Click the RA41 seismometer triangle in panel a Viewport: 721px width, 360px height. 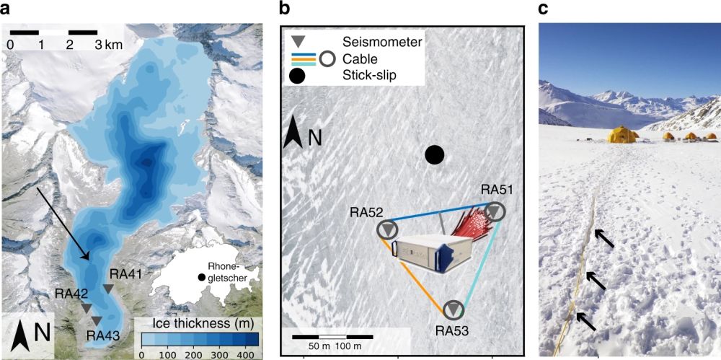click(x=108, y=289)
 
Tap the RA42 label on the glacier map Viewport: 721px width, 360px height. click(x=74, y=294)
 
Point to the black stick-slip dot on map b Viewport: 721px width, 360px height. click(x=434, y=154)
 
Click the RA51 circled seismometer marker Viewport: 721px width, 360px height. click(x=495, y=211)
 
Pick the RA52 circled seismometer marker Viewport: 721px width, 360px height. click(x=388, y=229)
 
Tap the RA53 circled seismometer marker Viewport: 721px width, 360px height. click(x=453, y=310)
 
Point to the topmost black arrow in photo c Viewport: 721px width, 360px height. click(x=604, y=239)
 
